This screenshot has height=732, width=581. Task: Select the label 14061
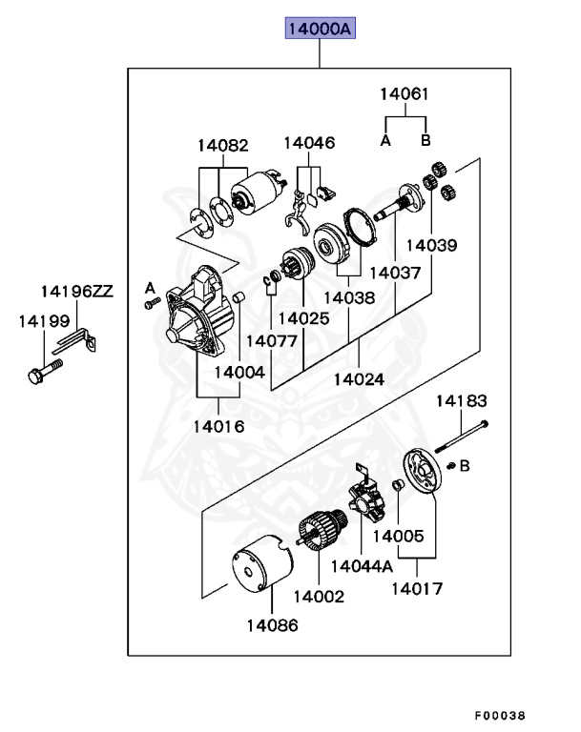click(405, 94)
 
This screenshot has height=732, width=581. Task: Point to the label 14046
click(309, 143)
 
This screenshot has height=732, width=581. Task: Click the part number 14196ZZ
click(76, 291)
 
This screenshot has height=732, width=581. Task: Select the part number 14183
click(463, 400)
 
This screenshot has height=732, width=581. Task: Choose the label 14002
click(319, 596)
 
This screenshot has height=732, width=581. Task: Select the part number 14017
click(417, 589)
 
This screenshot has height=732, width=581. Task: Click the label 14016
click(218, 426)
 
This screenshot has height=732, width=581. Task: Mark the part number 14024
click(359, 378)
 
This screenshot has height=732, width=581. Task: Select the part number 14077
click(271, 340)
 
